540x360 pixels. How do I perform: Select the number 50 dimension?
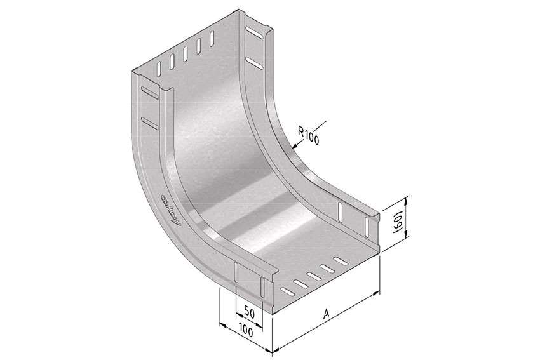tap(250, 312)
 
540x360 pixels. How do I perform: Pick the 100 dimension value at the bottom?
tap(246, 331)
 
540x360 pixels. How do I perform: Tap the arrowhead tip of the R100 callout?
tap(292, 148)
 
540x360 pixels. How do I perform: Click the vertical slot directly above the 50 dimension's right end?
tap(261, 287)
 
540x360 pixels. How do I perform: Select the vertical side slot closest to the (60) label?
tap(367, 224)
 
